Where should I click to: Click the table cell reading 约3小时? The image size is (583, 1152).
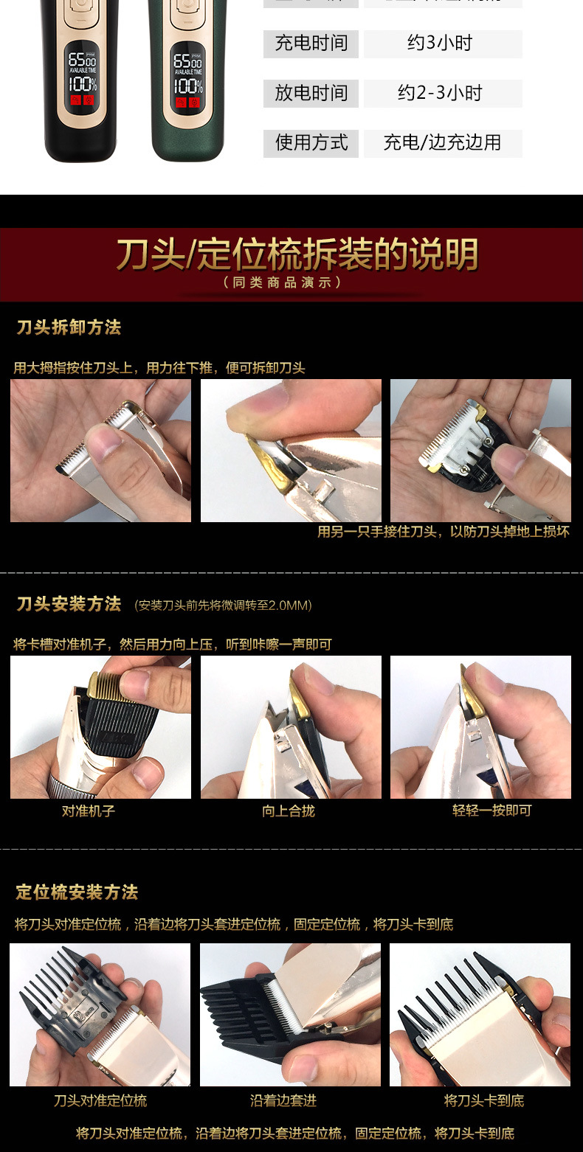443,44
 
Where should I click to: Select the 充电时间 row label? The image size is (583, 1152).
311,44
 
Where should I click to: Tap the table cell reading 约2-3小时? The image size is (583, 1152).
443,93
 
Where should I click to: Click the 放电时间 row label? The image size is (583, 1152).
311,93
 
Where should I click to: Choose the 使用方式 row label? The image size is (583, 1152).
311,142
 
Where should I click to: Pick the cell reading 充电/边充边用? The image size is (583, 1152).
443,142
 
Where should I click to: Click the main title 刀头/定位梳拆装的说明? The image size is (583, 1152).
297,254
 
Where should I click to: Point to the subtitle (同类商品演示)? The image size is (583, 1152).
283,282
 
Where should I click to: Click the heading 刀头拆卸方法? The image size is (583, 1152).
69,327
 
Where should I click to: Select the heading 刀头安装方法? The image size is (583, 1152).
69,604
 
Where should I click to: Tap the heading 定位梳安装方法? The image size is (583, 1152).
77,892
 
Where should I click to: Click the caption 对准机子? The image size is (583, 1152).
89,811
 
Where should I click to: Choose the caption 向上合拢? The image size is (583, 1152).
289,811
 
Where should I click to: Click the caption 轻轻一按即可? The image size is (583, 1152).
491,811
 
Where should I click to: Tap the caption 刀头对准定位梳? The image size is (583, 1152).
100,1100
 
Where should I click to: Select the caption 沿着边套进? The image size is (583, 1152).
283,1100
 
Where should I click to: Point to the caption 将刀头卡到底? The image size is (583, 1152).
484,1100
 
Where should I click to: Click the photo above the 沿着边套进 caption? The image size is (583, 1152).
290,1014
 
